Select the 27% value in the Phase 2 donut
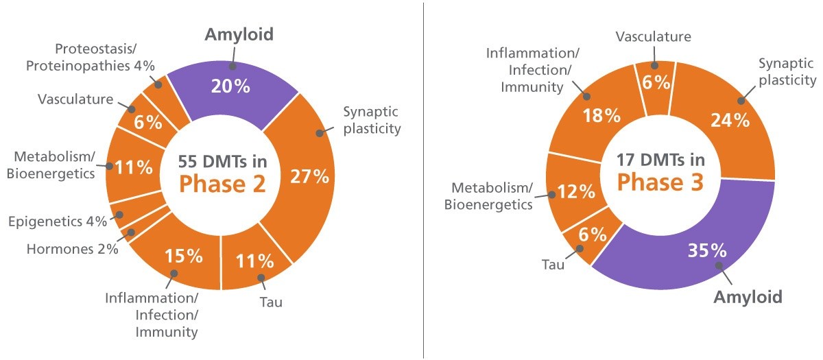click(x=309, y=177)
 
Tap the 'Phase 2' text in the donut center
click(x=223, y=184)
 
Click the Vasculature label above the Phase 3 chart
click(x=653, y=36)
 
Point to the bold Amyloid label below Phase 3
click(x=748, y=297)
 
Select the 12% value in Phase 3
click(x=575, y=191)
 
